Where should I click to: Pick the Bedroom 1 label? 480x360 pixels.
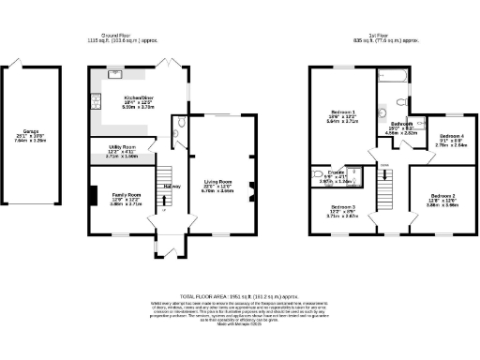[x=342, y=113]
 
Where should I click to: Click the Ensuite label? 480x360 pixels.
[x=328, y=173]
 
